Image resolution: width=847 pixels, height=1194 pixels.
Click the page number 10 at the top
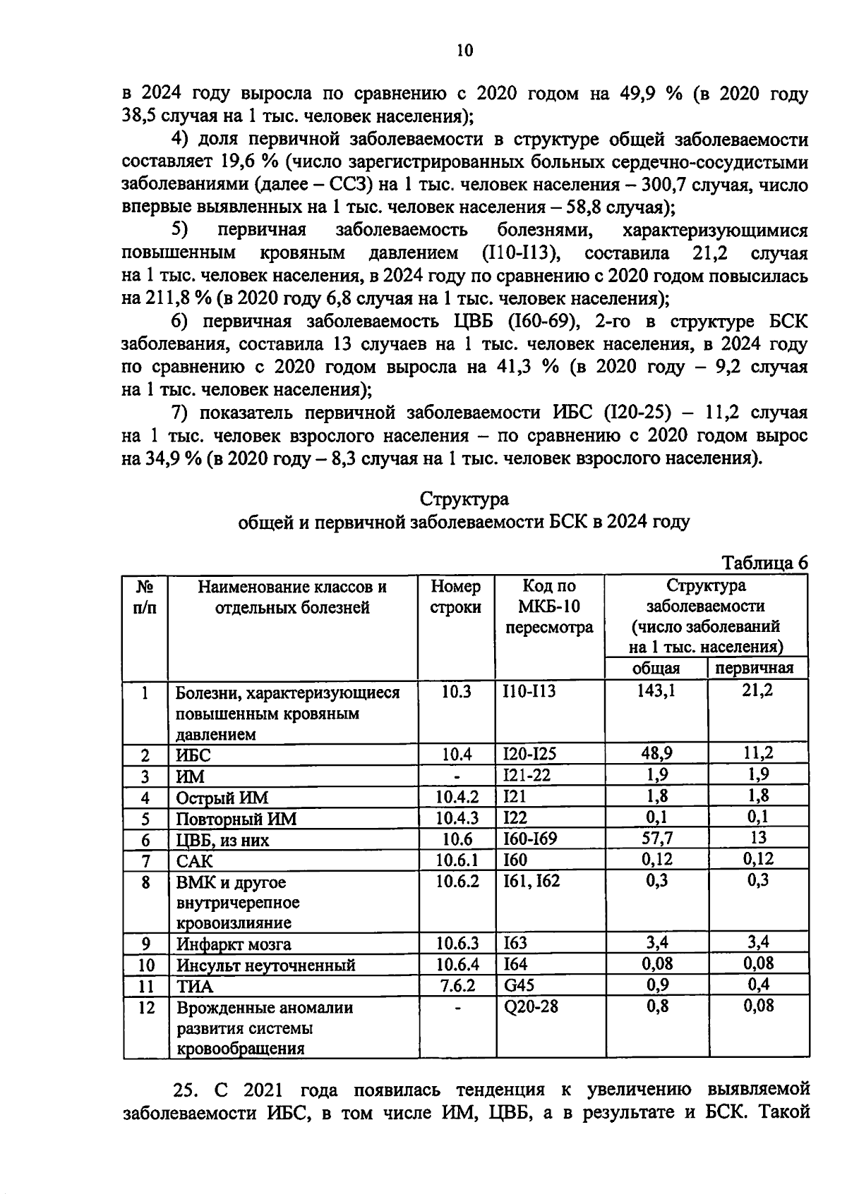click(x=465, y=50)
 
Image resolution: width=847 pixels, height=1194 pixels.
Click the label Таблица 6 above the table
click(x=764, y=564)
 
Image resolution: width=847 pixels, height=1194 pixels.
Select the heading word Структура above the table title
click(x=464, y=499)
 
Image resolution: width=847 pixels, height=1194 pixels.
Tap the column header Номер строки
click(x=456, y=597)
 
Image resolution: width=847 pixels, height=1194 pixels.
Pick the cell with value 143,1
click(x=657, y=691)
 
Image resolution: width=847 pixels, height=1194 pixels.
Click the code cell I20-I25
click(x=529, y=754)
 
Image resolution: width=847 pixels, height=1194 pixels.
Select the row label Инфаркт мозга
click(x=233, y=944)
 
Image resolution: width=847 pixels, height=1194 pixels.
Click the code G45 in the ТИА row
click(x=519, y=985)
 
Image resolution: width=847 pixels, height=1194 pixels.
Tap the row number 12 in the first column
click(x=145, y=1007)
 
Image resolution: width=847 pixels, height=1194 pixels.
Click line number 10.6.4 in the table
click(x=457, y=964)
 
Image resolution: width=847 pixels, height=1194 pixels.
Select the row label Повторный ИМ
click(x=236, y=818)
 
